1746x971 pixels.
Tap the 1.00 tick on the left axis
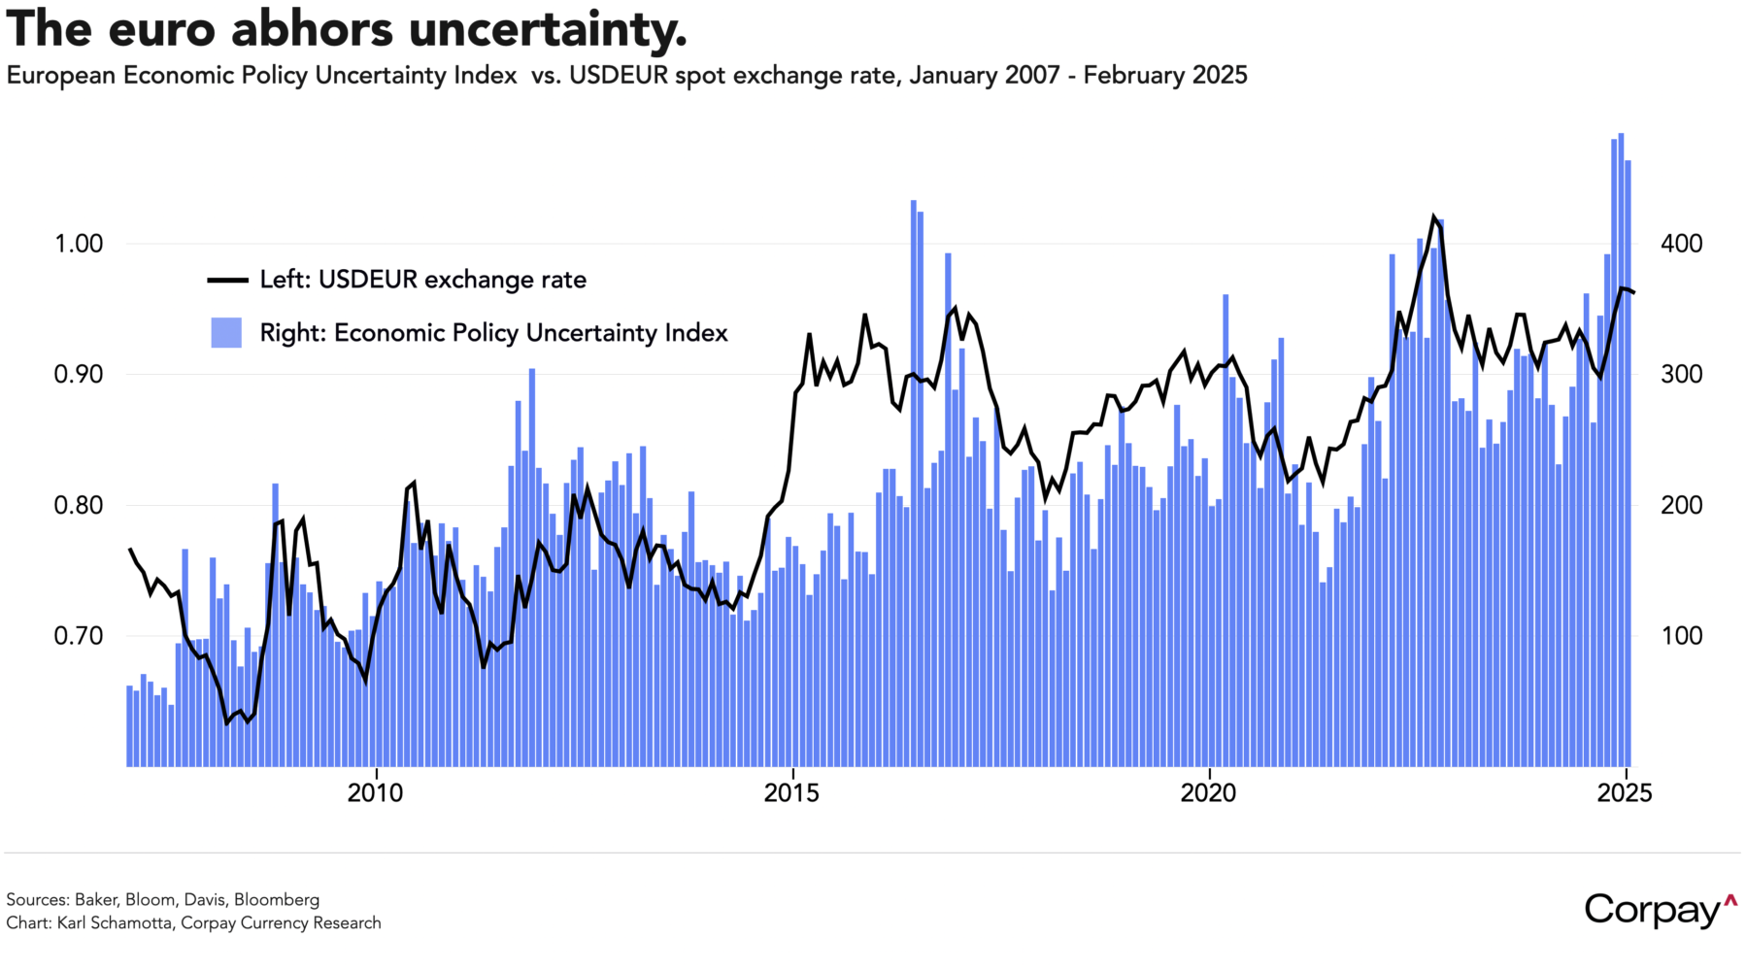tap(79, 244)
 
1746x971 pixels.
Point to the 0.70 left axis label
tap(79, 637)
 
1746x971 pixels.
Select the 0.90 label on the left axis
tap(79, 375)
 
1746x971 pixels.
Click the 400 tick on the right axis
tap(1682, 244)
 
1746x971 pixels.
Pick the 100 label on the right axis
tap(1682, 637)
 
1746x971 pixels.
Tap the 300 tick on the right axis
tap(1682, 375)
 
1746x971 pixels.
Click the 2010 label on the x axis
tap(375, 793)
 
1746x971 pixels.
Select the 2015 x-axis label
tap(791, 793)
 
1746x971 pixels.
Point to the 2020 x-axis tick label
tap(1208, 793)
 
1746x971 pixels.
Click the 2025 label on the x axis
tap(1625, 793)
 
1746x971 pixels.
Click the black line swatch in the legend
tap(227, 281)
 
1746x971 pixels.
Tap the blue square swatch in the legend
tap(226, 333)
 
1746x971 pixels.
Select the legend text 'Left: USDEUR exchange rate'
tap(422, 281)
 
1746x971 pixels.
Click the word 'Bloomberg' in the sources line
tap(277, 900)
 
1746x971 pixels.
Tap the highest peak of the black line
tap(1433, 218)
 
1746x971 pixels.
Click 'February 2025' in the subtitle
tap(1164, 76)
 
